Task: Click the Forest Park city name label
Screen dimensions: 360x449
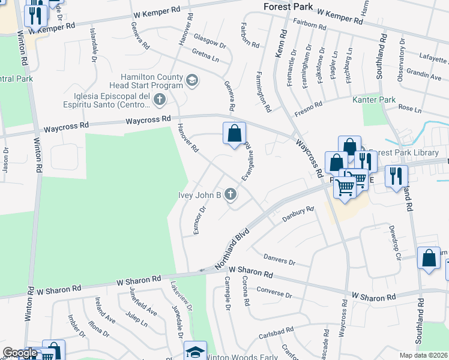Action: point(288,7)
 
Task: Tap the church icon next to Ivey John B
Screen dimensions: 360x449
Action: point(231,194)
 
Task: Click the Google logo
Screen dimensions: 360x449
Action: point(20,353)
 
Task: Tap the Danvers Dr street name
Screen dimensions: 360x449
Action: point(280,259)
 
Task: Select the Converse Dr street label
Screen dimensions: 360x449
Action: point(274,292)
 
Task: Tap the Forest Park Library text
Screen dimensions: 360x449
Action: point(403,152)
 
